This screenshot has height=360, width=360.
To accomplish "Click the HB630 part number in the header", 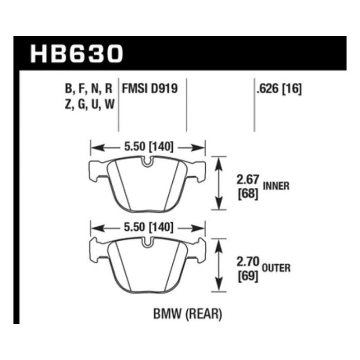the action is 77,53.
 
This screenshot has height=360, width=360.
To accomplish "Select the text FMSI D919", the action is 150,88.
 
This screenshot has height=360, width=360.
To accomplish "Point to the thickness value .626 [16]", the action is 279,88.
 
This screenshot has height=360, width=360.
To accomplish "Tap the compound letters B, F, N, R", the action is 88,88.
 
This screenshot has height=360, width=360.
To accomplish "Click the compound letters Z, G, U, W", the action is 89,104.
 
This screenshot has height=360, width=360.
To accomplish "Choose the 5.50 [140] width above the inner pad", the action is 149,147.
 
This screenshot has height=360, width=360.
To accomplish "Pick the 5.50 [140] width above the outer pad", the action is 149,227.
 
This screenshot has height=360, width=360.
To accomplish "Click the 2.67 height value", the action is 248,179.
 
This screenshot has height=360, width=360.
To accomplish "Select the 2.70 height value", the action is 248,261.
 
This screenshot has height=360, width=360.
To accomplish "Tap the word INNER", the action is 276,186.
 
